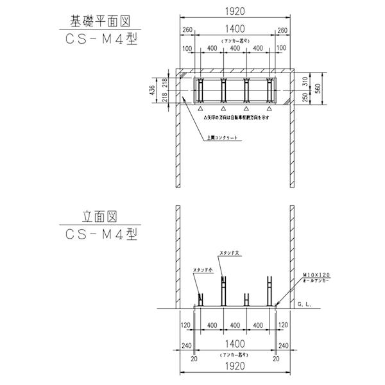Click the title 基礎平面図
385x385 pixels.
(101, 20)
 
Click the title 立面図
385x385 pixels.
(101, 218)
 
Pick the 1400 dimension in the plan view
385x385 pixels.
(235, 30)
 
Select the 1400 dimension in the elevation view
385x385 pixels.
(235, 344)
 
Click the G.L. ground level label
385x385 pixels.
(305, 304)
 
